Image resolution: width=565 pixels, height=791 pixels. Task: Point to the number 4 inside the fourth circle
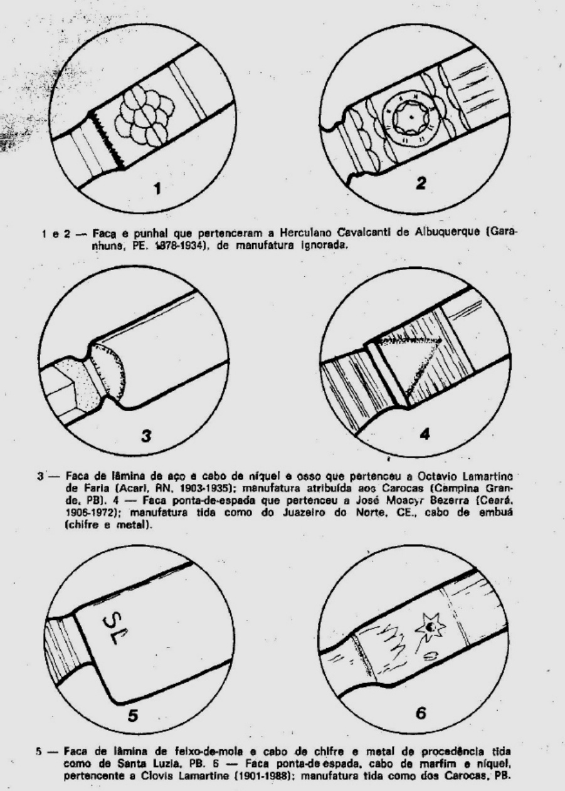(x=425, y=432)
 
